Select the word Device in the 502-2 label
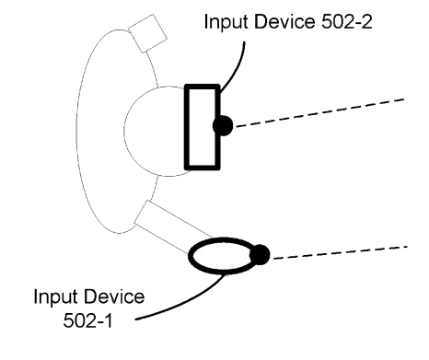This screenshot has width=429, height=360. pyautogui.click(x=284, y=22)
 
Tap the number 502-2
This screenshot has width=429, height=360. pyautogui.click(x=347, y=22)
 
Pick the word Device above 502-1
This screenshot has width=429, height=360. pyautogui.click(x=114, y=296)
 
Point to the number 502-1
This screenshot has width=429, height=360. pyautogui.click(x=88, y=320)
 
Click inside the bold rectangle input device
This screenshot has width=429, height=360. pyautogui.click(x=203, y=127)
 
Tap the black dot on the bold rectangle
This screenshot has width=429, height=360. pyautogui.click(x=223, y=125)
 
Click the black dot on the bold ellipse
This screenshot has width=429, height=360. pyautogui.click(x=260, y=255)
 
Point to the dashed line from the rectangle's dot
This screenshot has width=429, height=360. pyautogui.click(x=319, y=112)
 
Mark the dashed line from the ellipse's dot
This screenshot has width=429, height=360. pyautogui.click(x=340, y=252)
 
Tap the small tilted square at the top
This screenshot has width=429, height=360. pyautogui.click(x=147, y=33)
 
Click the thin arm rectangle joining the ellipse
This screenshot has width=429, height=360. pyautogui.click(x=173, y=227)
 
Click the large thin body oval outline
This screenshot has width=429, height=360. pyautogui.click(x=76, y=132)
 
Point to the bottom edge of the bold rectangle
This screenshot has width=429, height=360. pyautogui.click(x=203, y=168)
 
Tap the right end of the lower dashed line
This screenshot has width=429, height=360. pyautogui.click(x=407, y=246)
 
